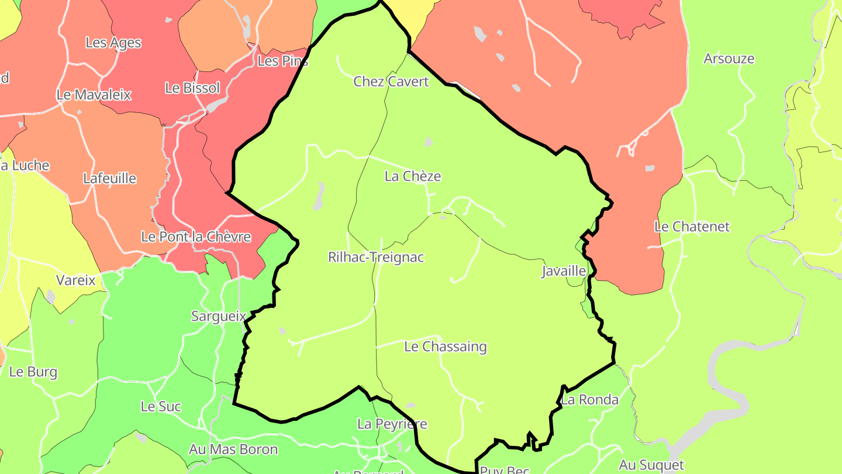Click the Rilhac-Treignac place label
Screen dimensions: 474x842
(375, 257)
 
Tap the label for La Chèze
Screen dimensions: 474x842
(413, 176)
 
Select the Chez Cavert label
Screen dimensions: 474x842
(391, 81)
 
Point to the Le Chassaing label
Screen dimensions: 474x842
(446, 346)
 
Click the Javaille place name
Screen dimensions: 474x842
(564, 271)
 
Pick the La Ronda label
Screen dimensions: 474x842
(589, 400)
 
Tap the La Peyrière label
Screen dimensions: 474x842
(392, 424)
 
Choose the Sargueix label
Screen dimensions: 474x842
(219, 316)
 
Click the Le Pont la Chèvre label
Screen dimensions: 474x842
(196, 237)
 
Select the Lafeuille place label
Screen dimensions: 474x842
(109, 178)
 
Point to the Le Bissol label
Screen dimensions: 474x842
(192, 88)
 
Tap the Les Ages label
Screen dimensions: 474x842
(113, 43)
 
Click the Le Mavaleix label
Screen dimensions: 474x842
(94, 95)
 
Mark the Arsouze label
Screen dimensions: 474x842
(729, 59)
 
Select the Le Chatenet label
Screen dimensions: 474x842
(692, 226)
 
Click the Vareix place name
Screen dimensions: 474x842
(75, 280)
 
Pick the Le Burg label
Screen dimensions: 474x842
(33, 372)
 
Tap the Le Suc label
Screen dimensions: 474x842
(161, 406)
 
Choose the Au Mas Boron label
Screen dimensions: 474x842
(233, 449)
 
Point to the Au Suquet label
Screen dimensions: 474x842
(651, 465)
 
